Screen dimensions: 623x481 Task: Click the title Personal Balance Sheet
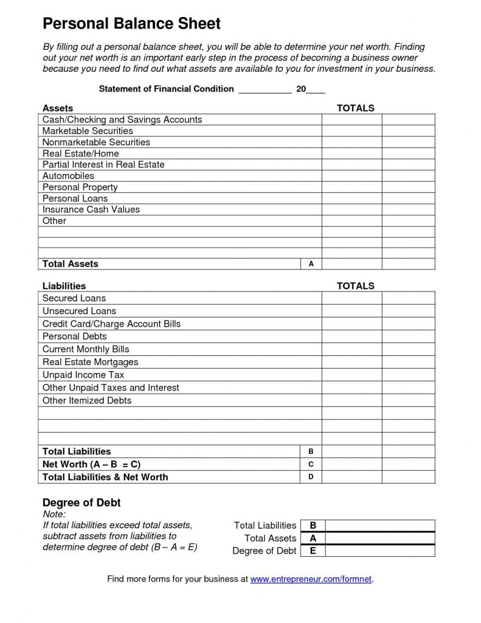pyautogui.click(x=131, y=24)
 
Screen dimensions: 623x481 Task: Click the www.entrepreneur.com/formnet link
pyautogui.click(x=311, y=579)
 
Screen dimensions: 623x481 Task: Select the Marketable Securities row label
pyautogui.click(x=88, y=131)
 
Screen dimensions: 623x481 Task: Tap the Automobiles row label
pyautogui.click(x=68, y=176)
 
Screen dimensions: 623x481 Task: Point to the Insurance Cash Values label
pyautogui.click(x=91, y=209)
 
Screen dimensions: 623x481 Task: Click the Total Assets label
pyautogui.click(x=70, y=264)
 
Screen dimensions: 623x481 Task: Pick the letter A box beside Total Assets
pyautogui.click(x=311, y=264)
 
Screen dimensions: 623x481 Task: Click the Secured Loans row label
pyautogui.click(x=74, y=298)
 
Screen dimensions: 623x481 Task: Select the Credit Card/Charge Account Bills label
pyautogui.click(x=111, y=324)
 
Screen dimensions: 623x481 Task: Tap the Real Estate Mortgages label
pyautogui.click(x=91, y=362)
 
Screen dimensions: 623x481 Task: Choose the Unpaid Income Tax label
pyautogui.click(x=83, y=375)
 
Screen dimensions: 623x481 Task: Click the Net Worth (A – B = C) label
pyautogui.click(x=91, y=464)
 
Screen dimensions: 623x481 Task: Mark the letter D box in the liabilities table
pyautogui.click(x=311, y=477)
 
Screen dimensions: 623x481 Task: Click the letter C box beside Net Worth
pyautogui.click(x=311, y=464)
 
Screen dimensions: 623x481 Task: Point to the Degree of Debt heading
pyautogui.click(x=81, y=503)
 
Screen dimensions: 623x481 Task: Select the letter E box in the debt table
pyautogui.click(x=313, y=551)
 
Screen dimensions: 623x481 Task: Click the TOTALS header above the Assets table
pyautogui.click(x=356, y=108)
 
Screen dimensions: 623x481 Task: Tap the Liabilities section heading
pyautogui.click(x=64, y=286)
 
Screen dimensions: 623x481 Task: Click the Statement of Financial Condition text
pyautogui.click(x=166, y=89)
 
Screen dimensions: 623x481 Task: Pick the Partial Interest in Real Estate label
pyautogui.click(x=103, y=164)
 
